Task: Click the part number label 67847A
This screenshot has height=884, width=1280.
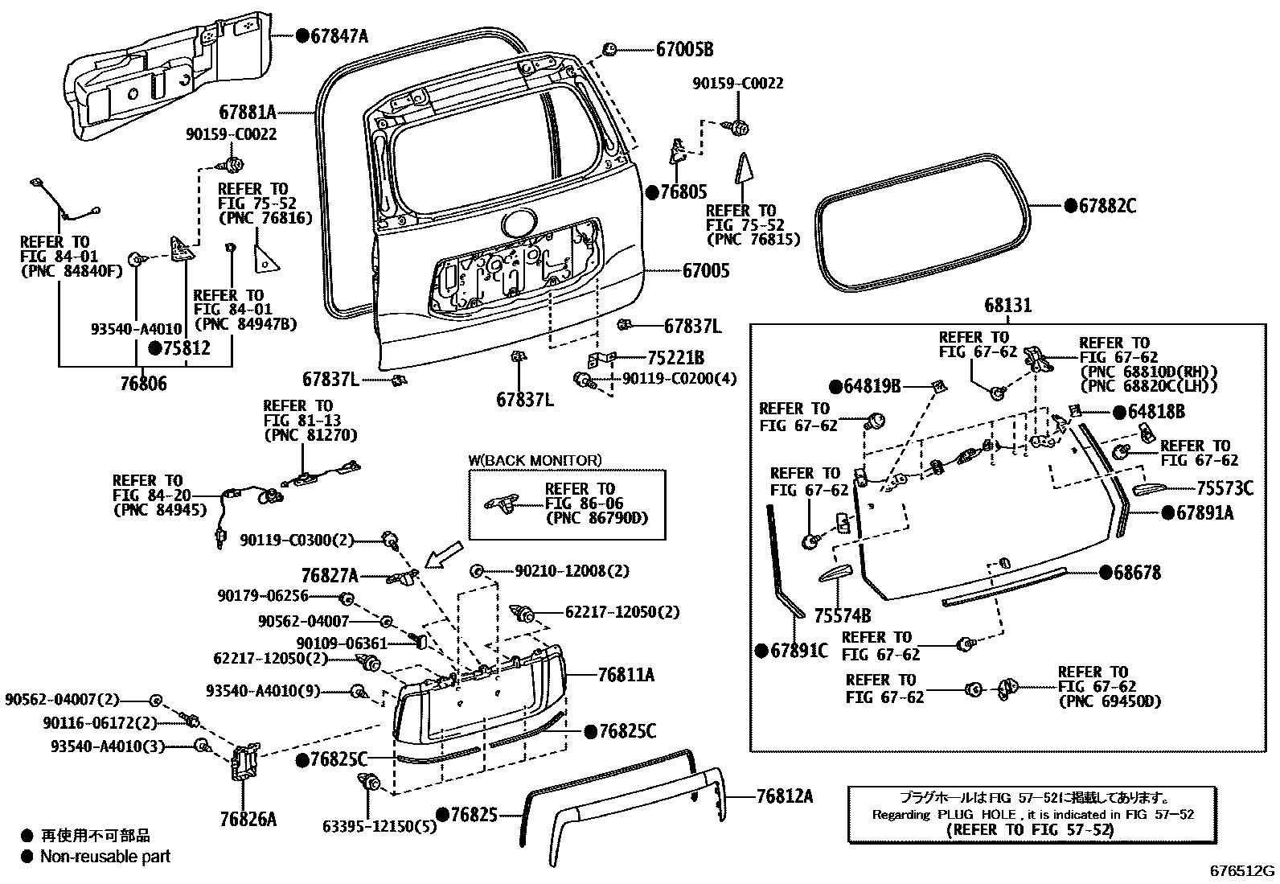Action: [x=338, y=35]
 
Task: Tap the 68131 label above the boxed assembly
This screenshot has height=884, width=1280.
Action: [x=1007, y=306]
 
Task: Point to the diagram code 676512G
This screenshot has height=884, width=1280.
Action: [x=1243, y=871]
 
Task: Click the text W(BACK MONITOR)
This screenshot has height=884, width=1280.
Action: [x=535, y=461]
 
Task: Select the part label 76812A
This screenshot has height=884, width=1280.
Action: [x=784, y=796]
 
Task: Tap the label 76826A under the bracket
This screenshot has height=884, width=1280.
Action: [x=248, y=820]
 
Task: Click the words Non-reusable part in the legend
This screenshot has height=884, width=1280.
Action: [x=105, y=857]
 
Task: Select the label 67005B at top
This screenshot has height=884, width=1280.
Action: [x=684, y=50]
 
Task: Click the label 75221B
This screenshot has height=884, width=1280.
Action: [x=675, y=358]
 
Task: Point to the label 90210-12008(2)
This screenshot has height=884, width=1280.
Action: [x=572, y=571]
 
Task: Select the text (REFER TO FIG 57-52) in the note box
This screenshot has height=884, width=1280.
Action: [x=1030, y=829]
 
